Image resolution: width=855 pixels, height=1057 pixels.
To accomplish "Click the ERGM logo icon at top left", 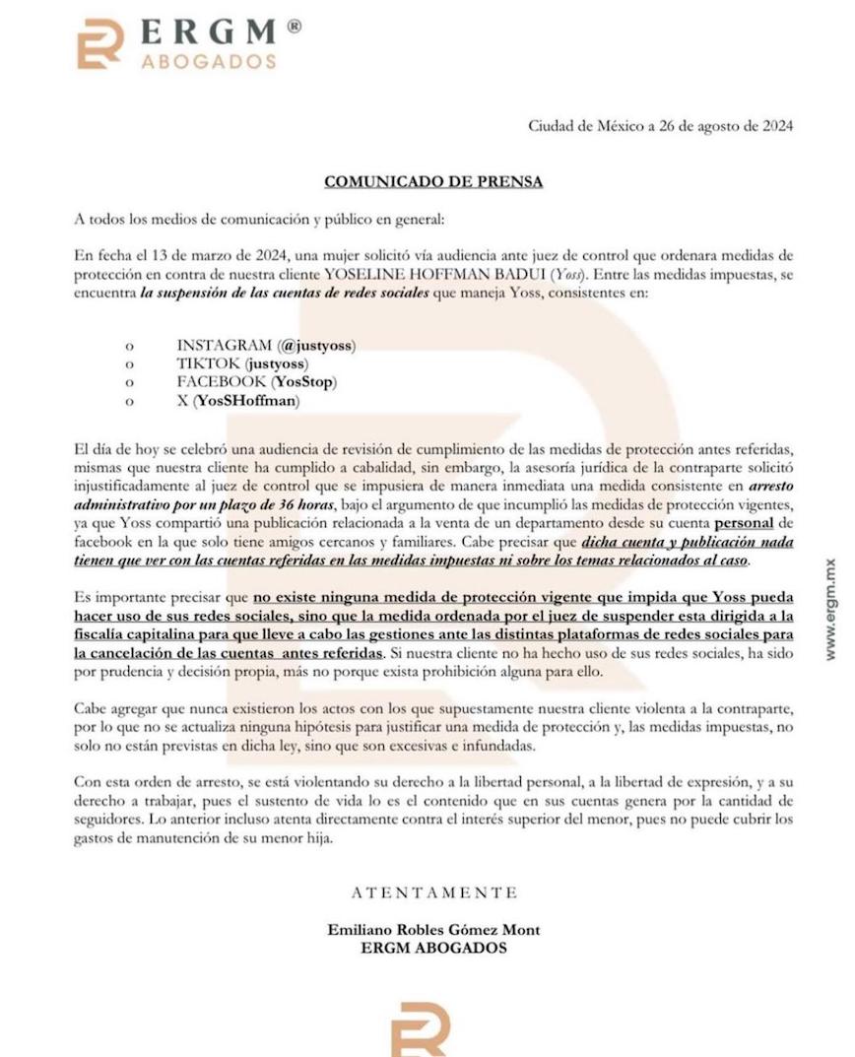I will pyautogui.click(x=100, y=43).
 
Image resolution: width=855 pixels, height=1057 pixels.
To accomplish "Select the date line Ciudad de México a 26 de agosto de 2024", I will pyautogui.click(x=660, y=126).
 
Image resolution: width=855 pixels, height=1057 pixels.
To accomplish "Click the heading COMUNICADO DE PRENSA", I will pyautogui.click(x=433, y=182).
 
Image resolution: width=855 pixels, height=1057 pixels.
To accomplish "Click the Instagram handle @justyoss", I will pyautogui.click(x=317, y=345).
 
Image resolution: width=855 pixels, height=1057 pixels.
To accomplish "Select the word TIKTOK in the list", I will pyautogui.click(x=208, y=363).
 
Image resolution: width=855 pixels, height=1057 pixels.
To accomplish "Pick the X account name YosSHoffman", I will pyautogui.click(x=246, y=400).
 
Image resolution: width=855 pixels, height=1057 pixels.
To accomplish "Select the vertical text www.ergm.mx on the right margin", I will pyautogui.click(x=831, y=609).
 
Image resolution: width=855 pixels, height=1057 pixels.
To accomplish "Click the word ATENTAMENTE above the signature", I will pyautogui.click(x=433, y=893).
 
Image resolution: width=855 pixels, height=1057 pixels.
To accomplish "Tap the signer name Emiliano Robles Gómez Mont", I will pyautogui.click(x=433, y=930).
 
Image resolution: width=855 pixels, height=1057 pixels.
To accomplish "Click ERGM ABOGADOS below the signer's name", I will pyautogui.click(x=433, y=948).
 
